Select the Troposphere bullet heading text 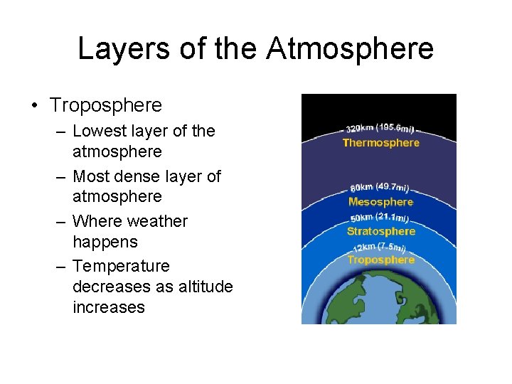click(x=106, y=105)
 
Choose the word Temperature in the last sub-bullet click(x=122, y=266)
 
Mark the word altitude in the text click(x=206, y=287)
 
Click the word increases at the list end click(x=109, y=307)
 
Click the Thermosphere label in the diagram click(x=381, y=143)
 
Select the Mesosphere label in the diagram click(x=381, y=202)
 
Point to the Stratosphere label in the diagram click(x=381, y=231)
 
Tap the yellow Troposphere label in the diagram click(x=381, y=260)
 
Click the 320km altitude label click(x=379, y=129)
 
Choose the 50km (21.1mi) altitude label click(x=380, y=218)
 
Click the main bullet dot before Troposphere click(x=34, y=106)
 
